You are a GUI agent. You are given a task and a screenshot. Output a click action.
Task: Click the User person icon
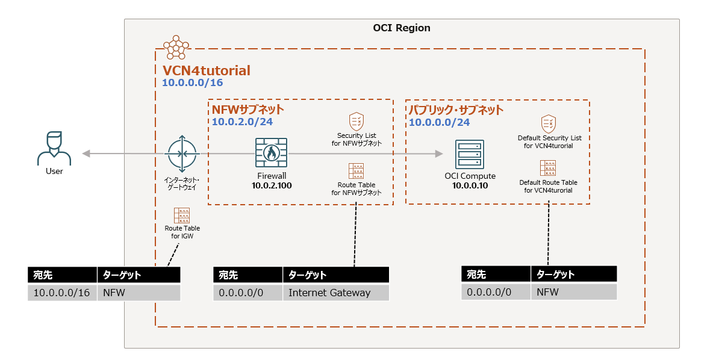tap(54, 148)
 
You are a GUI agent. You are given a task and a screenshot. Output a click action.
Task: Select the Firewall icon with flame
tap(271, 154)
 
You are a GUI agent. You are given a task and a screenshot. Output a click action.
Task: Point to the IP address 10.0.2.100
tap(272, 185)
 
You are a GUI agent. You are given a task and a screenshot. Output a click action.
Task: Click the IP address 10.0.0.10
tap(470, 186)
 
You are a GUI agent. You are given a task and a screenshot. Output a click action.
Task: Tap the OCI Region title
tap(402, 28)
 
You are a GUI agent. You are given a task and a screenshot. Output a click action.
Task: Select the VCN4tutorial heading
tap(207, 70)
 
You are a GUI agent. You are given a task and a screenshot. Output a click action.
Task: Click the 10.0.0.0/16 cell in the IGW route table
tap(62, 293)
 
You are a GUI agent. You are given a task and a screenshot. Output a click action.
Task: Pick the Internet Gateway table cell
tap(329, 293)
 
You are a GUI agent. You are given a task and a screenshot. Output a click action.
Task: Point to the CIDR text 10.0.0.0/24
tap(439, 122)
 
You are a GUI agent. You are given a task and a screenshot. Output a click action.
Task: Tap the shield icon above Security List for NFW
tap(356, 120)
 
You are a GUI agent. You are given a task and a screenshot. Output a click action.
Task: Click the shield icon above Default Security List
tap(548, 123)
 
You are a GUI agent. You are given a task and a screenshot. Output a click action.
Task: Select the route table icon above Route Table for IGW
tap(182, 215)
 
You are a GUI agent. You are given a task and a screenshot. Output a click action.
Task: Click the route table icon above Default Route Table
tap(548, 168)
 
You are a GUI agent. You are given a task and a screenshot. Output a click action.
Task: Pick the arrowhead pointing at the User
tap(86, 154)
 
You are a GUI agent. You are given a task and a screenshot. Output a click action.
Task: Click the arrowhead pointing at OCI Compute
tap(439, 154)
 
